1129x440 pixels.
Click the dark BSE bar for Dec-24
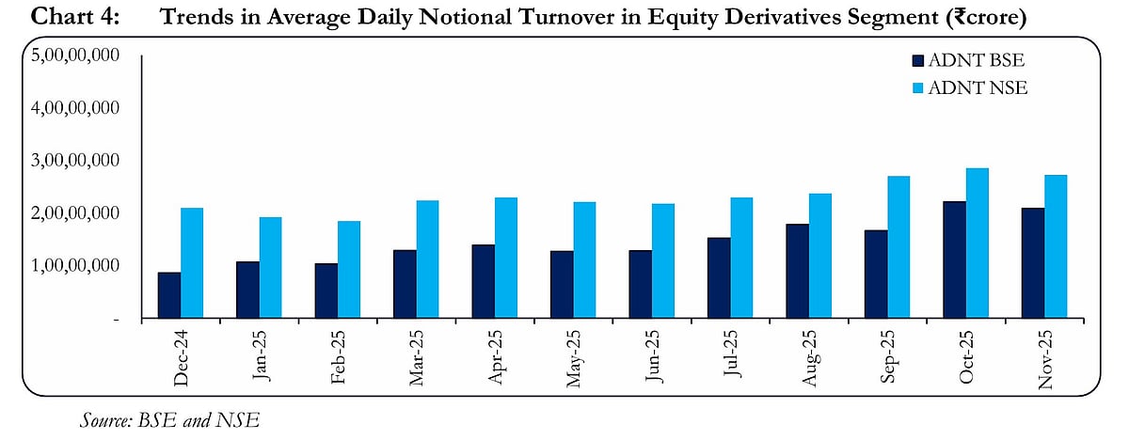[x=169, y=295]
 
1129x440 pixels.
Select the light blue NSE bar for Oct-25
[x=977, y=244]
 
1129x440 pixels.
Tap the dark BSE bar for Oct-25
[x=953, y=259]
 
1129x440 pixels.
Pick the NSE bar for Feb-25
[x=348, y=270]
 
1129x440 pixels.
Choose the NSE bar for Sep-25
[x=898, y=247]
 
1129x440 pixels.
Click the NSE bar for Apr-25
[x=505, y=258]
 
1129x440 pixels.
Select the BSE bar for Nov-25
[x=1032, y=263]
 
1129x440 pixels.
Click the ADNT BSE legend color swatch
[x=917, y=61]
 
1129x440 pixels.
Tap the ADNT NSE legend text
[x=977, y=88]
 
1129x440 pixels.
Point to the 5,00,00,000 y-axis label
[x=75, y=55]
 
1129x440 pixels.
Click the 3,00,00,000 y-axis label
[x=75, y=161]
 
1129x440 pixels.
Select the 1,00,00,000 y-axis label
[x=75, y=266]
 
